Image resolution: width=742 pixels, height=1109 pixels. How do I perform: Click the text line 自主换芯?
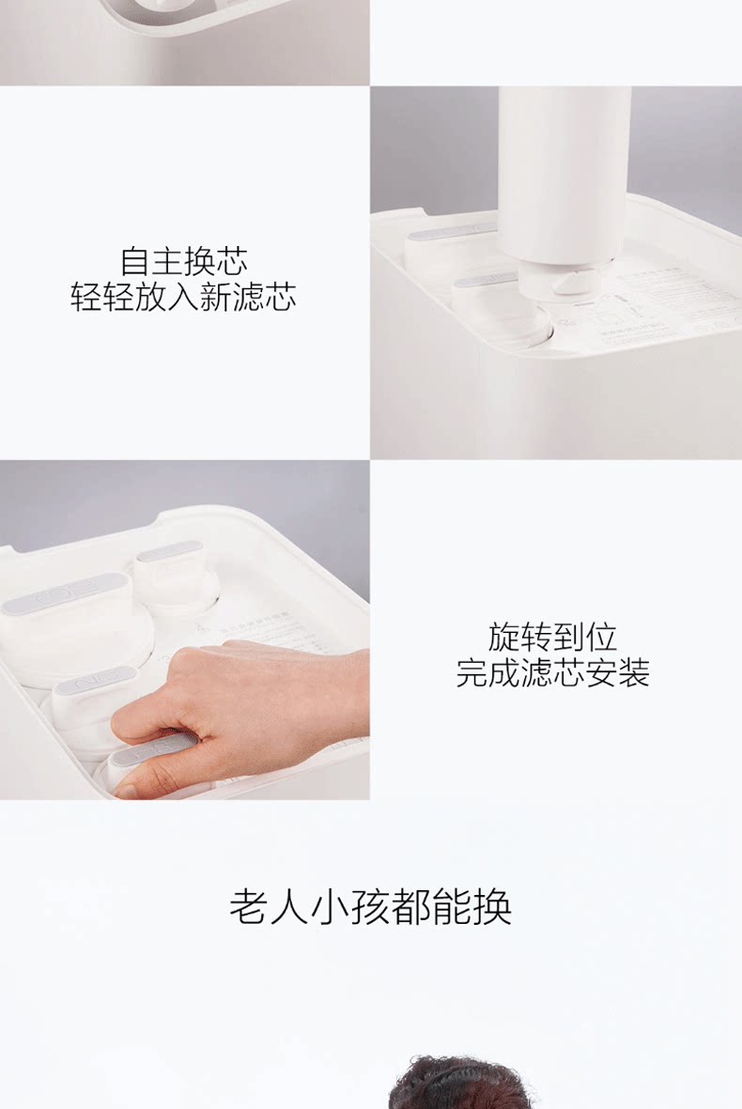pos(184,260)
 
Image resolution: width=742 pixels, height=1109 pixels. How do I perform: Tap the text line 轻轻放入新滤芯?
pos(184,297)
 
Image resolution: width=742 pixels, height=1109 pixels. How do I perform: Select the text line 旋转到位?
pos(552,637)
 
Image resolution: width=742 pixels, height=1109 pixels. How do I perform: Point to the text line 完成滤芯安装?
pos(552,672)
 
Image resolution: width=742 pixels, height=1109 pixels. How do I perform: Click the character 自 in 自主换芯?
pos(136,260)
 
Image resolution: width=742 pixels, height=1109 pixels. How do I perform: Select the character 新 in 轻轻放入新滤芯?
pos(216,297)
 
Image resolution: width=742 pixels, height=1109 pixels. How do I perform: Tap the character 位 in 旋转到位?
pos(601,637)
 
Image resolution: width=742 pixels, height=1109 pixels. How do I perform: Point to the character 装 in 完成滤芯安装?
pos(634,672)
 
